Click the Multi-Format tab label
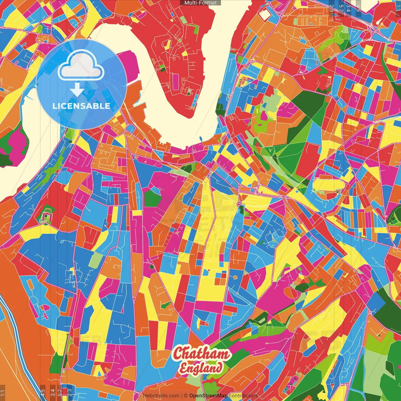pos(200,3)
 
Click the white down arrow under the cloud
pos(77,90)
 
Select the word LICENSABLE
pos(81,106)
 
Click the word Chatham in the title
pos(201,354)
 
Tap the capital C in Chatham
pos(178,353)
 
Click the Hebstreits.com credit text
pos(161,396)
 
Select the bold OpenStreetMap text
pos(208,396)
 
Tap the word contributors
pos(243,396)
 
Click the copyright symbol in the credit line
pos(186,396)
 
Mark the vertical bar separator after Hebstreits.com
pos(182,396)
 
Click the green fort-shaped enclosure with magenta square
pos(46,215)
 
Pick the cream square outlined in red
pos(265,15)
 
